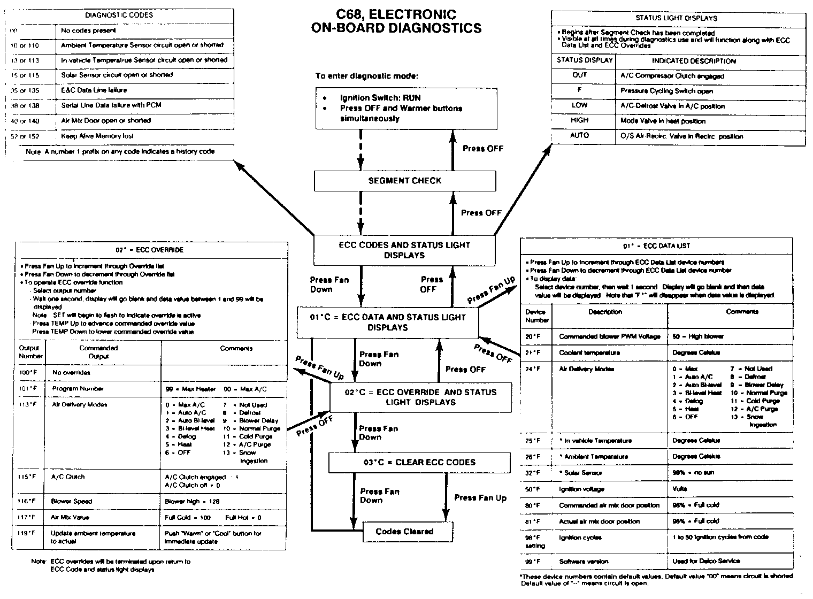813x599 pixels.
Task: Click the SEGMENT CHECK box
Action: tap(404, 181)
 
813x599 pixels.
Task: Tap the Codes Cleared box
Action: tap(404, 531)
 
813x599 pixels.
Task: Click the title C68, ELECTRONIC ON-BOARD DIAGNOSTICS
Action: tap(396, 21)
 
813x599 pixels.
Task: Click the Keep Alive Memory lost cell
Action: tap(97, 136)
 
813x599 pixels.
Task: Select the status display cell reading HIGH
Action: tap(579, 121)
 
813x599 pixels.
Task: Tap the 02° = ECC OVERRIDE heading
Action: tap(150, 250)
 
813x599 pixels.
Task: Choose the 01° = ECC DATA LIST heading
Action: tap(656, 246)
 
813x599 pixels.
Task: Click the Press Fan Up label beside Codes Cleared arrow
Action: tap(480, 497)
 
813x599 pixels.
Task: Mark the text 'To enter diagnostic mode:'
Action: tap(366, 76)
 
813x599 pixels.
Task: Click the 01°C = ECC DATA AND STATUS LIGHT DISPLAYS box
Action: tap(388, 322)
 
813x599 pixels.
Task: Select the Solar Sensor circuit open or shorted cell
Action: tap(117, 75)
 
